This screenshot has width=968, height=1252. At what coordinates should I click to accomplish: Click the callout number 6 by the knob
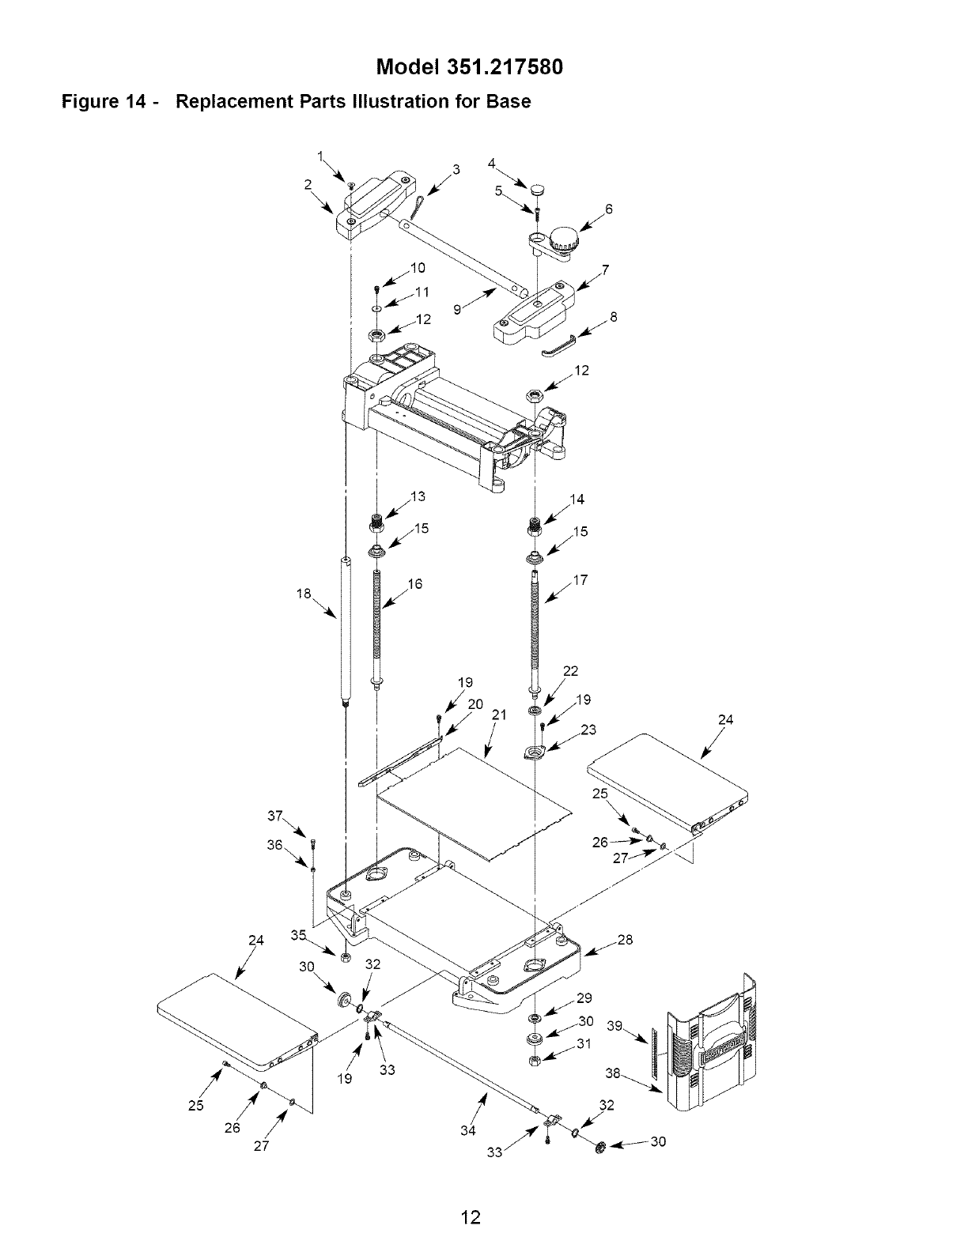(609, 209)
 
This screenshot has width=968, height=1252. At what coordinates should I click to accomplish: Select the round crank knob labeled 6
(564, 236)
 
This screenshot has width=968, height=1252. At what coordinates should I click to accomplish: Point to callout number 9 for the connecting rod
(458, 311)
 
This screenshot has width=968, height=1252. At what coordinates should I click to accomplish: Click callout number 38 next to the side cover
(612, 1073)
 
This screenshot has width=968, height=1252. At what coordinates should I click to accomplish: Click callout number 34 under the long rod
(467, 1130)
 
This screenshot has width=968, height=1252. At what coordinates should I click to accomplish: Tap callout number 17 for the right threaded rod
(580, 580)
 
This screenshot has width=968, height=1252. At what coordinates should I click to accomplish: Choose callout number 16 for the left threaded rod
(415, 584)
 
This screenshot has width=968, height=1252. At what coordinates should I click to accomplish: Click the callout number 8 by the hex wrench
(614, 317)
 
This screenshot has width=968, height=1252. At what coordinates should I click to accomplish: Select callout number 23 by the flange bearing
(588, 730)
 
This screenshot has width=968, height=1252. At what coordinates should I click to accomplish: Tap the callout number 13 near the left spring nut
(418, 496)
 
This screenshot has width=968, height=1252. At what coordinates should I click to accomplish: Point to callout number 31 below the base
(584, 1043)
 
